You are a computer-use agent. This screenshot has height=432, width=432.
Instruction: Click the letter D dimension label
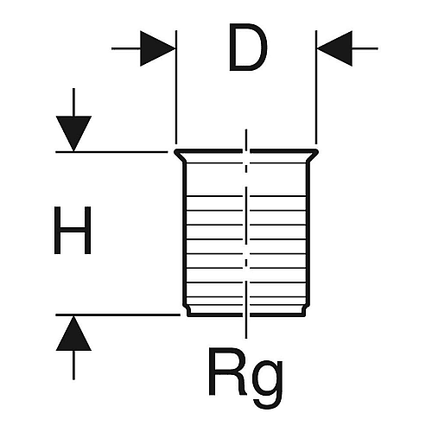(248, 48)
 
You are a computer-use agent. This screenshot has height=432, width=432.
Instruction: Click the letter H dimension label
(73, 230)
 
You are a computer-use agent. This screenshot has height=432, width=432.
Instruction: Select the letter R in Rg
(226, 372)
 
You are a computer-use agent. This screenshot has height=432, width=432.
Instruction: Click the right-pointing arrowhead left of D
(158, 48)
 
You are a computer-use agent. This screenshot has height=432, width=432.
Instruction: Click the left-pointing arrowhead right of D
(334, 48)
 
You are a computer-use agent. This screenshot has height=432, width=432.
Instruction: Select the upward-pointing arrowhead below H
(73, 333)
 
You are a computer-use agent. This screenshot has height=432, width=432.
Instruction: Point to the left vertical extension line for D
(176, 87)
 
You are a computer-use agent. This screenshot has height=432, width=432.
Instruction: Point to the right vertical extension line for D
(316, 87)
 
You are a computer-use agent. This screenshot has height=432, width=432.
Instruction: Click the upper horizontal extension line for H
(111, 151)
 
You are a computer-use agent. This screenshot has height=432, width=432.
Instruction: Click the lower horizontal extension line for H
(118, 315)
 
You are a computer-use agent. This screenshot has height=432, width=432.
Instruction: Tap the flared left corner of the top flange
(176, 152)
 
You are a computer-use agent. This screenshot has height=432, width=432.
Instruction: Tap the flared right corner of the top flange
(316, 152)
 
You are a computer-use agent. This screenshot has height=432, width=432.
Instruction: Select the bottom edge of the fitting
(246, 315)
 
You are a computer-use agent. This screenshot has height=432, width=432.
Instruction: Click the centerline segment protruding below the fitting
(246, 327)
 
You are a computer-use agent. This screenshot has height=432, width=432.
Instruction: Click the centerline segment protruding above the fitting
(246, 139)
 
